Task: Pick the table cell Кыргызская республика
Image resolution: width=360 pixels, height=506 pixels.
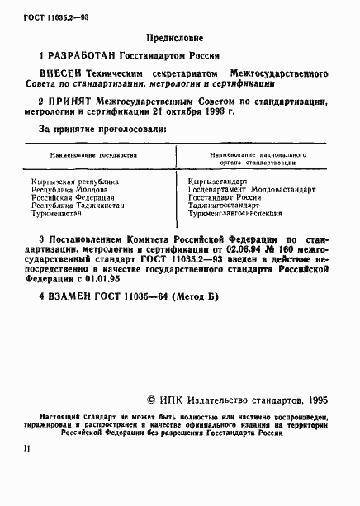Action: click(75, 180)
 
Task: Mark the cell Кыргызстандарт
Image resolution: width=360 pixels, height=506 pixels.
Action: click(218, 180)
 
